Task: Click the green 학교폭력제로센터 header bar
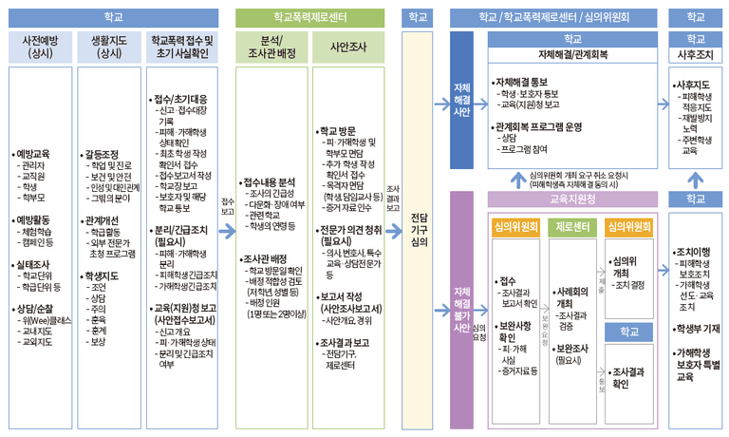(x=308, y=16)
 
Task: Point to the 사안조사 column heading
(x=347, y=47)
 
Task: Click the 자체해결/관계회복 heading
(x=572, y=54)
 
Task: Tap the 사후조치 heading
(x=695, y=54)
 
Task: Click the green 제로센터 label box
(x=572, y=227)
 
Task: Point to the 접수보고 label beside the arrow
(x=227, y=207)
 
